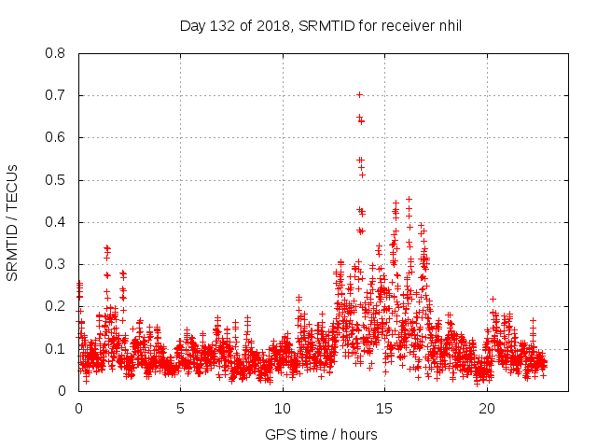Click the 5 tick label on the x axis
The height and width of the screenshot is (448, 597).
(x=181, y=409)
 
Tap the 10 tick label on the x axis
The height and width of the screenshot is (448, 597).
(x=283, y=409)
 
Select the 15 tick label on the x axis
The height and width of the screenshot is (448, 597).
(x=384, y=409)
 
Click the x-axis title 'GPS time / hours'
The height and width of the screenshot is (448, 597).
(x=321, y=434)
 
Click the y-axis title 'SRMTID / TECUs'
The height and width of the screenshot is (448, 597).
(x=13, y=222)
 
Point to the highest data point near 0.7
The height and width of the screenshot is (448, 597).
(x=359, y=94)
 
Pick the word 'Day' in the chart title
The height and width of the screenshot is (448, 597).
(x=191, y=25)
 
